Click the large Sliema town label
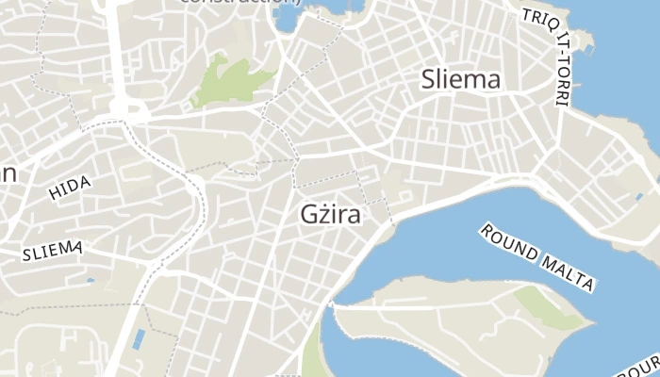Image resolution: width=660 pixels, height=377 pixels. pyautogui.click(x=461, y=79)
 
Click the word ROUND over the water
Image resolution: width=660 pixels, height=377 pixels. pyautogui.click(x=509, y=242)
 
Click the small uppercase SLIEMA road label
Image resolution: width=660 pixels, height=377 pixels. pyautogui.click(x=53, y=251)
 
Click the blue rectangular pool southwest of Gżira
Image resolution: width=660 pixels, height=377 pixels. pyautogui.click(x=140, y=338)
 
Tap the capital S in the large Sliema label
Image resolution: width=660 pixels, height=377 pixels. pyautogui.click(x=432, y=79)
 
